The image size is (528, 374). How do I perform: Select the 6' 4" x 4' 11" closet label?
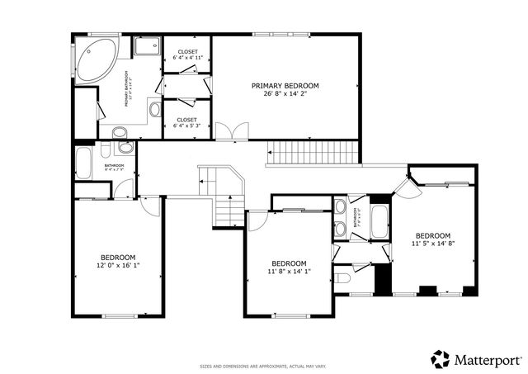pyautogui.click(x=187, y=55)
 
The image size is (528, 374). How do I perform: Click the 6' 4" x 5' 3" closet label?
pyautogui.click(x=187, y=124)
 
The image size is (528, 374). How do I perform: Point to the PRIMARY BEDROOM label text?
pyautogui.click(x=285, y=86)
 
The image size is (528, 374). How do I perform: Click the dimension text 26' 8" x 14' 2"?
pyautogui.click(x=285, y=94)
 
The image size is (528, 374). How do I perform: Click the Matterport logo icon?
pyautogui.click(x=441, y=359)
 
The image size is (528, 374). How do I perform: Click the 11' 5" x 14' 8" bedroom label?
pyautogui.click(x=433, y=239)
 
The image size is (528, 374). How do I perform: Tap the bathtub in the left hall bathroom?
pyautogui.click(x=84, y=162)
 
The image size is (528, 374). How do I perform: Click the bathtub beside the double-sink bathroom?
pyautogui.click(x=379, y=220)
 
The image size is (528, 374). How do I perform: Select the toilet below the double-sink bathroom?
pyautogui.click(x=342, y=277)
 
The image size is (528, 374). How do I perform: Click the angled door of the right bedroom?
pyautogui.click(x=405, y=185)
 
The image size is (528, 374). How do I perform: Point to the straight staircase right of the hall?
pyautogui.click(x=315, y=152)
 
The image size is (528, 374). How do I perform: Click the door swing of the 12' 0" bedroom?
pyautogui.click(x=150, y=206)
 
